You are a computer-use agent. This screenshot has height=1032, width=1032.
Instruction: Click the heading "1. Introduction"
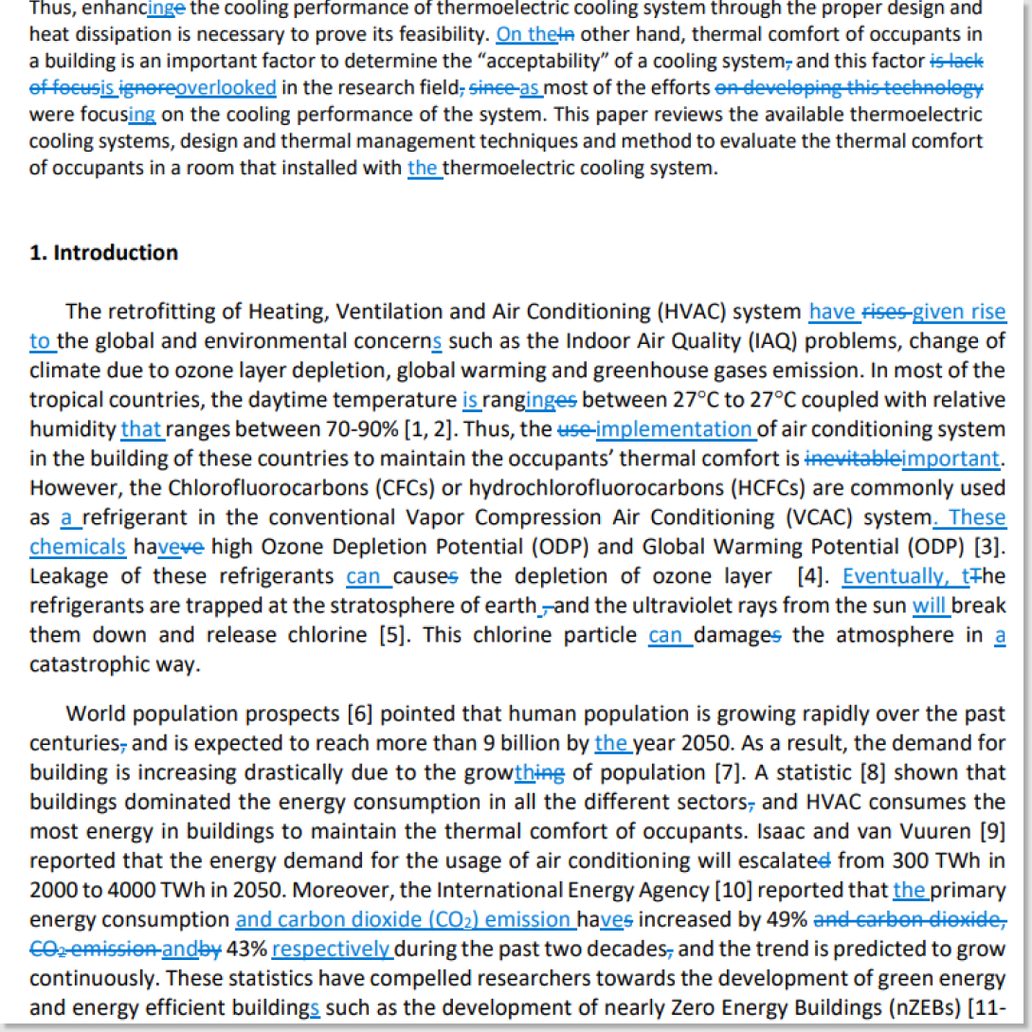(104, 253)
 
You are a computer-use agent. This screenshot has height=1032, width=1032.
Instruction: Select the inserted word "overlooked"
(226, 88)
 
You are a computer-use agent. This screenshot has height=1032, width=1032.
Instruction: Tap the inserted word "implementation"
(674, 429)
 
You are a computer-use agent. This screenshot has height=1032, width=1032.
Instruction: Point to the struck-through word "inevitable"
(852, 459)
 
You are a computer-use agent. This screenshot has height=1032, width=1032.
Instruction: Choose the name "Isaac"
(813, 831)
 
